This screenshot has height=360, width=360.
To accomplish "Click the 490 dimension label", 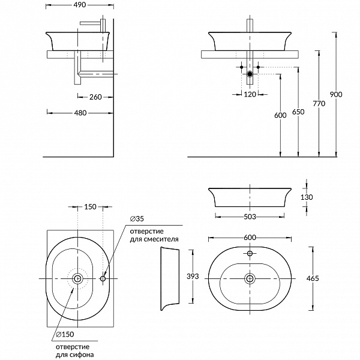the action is (x=80, y=5).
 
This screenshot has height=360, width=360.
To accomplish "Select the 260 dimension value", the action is (x=95, y=97).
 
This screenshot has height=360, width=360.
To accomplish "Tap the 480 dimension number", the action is (x=80, y=113).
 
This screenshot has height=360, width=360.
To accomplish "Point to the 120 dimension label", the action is (x=250, y=94).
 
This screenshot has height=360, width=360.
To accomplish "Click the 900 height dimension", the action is (x=336, y=94).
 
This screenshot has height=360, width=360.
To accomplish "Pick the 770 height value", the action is (x=319, y=104).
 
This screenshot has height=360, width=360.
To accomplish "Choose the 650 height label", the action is (x=298, y=112).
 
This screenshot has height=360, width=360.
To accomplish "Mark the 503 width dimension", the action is (x=250, y=217).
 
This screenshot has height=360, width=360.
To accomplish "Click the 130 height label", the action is (x=307, y=197).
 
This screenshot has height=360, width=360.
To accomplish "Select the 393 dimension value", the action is (x=193, y=277).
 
